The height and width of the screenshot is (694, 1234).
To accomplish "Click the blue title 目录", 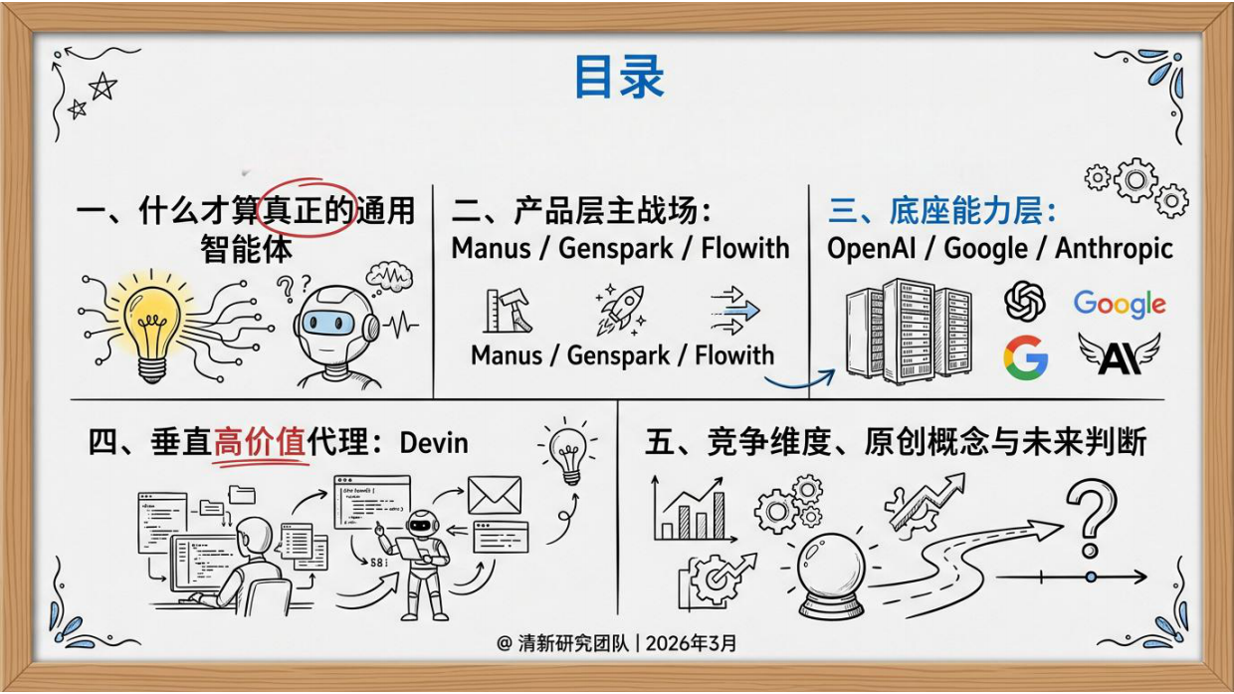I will click(x=618, y=78).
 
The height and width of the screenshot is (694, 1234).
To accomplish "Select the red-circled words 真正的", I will click(x=307, y=210).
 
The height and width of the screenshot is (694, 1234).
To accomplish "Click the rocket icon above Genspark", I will click(x=621, y=307).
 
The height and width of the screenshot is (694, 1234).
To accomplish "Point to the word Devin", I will click(x=434, y=441).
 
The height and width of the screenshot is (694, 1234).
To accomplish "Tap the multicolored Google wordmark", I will click(x=1119, y=304).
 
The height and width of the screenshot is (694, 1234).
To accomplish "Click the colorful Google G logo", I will click(x=1025, y=357).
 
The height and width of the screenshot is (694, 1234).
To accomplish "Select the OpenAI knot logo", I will click(x=1025, y=301).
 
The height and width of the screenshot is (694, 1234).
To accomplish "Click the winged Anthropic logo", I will click(x=1119, y=354).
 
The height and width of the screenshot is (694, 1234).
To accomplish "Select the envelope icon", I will click(x=495, y=494).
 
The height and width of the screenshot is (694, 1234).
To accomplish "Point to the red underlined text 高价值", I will click(x=260, y=441).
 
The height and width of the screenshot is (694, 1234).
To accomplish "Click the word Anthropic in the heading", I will click(x=1115, y=248).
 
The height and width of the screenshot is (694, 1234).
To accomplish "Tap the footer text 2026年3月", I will click(x=692, y=643).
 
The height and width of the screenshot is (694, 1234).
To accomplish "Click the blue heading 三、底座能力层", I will click(x=941, y=211).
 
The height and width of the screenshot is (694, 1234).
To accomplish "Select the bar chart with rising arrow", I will click(x=689, y=508).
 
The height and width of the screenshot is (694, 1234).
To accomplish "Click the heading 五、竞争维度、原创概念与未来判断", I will click(x=896, y=441).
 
